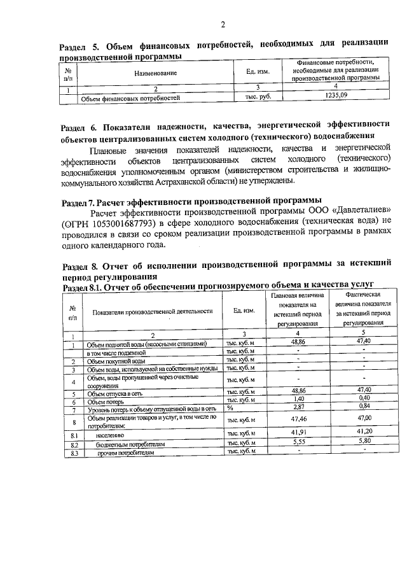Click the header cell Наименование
click(155, 73)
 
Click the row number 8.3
click(74, 453)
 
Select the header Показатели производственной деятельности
click(152, 311)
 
